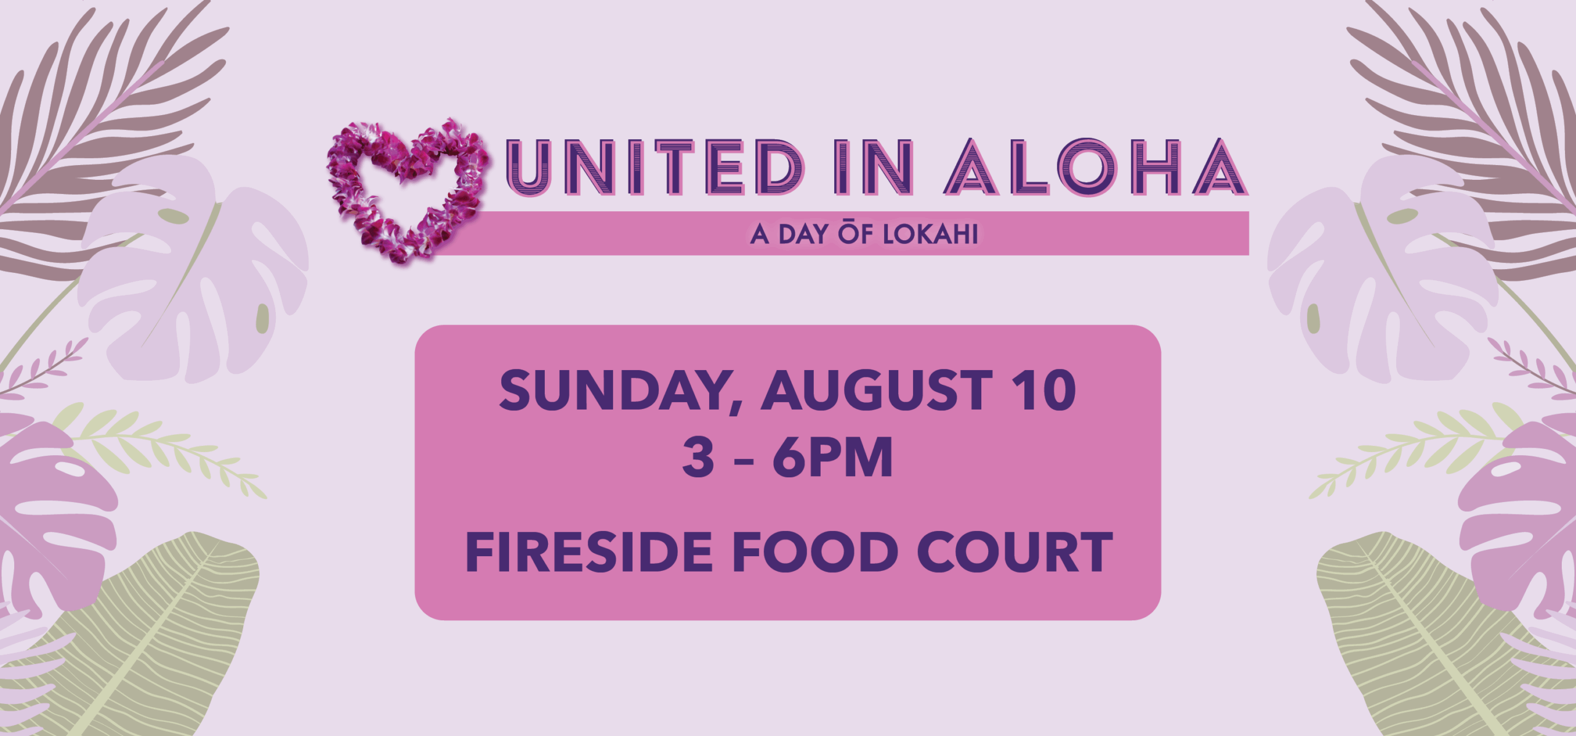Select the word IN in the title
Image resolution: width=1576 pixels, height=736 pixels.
tap(873, 168)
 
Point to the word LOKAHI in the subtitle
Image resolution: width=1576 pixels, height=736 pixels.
tap(930, 235)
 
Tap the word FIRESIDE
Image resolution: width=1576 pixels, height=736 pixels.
tap(589, 552)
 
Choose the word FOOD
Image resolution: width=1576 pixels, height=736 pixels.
tap(814, 552)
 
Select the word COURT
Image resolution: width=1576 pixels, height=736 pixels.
tap(1015, 552)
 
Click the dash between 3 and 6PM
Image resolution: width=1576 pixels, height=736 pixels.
tap(744, 461)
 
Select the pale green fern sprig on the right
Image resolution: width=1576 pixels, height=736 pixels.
tap(1416, 447)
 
